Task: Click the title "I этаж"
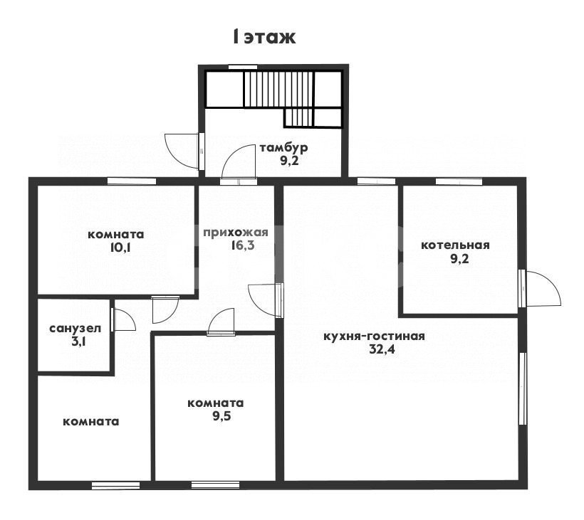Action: click(x=264, y=37)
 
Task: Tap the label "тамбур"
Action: click(x=283, y=147)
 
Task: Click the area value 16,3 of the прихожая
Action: click(x=242, y=245)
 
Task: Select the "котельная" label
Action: click(x=455, y=245)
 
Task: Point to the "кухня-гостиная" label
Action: click(x=374, y=336)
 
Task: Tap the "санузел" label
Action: click(x=75, y=329)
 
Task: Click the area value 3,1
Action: click(x=78, y=341)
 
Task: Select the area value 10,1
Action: click(x=120, y=248)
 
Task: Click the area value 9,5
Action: click(x=222, y=416)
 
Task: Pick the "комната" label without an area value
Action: click(x=91, y=421)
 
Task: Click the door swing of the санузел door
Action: click(x=124, y=320)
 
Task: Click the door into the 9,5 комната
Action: click(x=221, y=322)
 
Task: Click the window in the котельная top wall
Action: click(x=459, y=181)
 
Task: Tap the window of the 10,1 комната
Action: click(x=132, y=181)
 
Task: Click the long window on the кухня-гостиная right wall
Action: click(x=523, y=388)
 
